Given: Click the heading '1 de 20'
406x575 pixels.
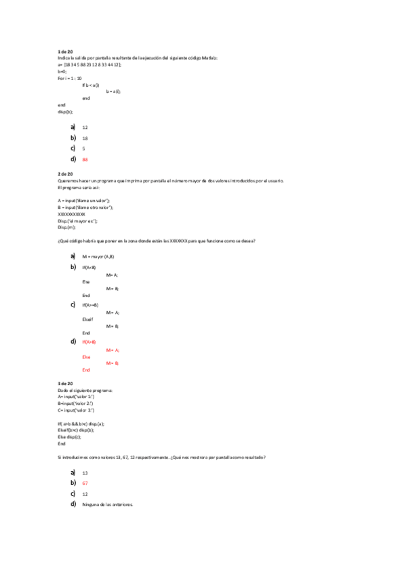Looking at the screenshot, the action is pyautogui.click(x=65, y=52).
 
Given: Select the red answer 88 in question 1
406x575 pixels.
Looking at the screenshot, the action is pyautogui.click(x=85, y=159).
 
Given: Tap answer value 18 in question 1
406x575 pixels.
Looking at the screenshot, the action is pyautogui.click(x=85, y=138).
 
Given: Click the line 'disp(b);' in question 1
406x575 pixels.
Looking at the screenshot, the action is pyautogui.click(x=65, y=112).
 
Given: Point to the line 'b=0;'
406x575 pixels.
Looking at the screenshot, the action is pyautogui.click(x=62, y=71).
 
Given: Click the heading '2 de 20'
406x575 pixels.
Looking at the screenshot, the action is pyautogui.click(x=65, y=174).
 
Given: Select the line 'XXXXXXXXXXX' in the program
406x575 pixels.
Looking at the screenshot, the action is pyautogui.click(x=72, y=214).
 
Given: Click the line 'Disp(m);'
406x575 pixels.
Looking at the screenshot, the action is pyautogui.click(x=67, y=228).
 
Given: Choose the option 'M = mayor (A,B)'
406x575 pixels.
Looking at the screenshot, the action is pyautogui.click(x=98, y=257).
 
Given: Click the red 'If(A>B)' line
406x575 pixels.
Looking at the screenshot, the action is pyautogui.click(x=89, y=342).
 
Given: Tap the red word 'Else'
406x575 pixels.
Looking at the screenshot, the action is pyautogui.click(x=86, y=357).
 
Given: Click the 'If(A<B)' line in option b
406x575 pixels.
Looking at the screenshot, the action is pyautogui.click(x=89, y=268).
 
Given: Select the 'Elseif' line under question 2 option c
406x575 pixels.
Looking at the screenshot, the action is pyautogui.click(x=87, y=319).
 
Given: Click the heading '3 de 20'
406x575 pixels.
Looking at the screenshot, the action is pyautogui.click(x=65, y=384).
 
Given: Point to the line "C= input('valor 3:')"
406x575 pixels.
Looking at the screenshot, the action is pyautogui.click(x=76, y=410).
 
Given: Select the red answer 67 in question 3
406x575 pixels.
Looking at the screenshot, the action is pyautogui.click(x=85, y=483).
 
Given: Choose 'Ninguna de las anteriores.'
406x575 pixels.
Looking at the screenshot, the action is pyautogui.click(x=107, y=504).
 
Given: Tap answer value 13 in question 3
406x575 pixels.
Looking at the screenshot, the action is pyautogui.click(x=85, y=473).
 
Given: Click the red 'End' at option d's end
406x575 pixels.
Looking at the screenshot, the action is pyautogui.click(x=86, y=370).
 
